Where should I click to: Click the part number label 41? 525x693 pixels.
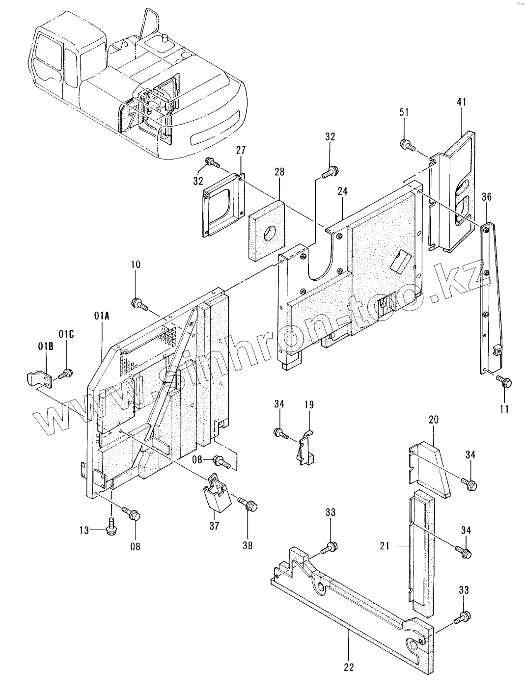461,102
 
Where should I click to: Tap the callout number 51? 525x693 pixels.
404,112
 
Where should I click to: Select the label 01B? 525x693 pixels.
46,346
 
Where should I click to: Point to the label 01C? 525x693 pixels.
66,334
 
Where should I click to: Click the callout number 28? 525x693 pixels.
279,172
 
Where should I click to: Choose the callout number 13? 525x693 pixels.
84,530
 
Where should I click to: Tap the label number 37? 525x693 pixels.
214,526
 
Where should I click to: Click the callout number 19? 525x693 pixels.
309,404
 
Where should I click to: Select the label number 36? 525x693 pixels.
487,197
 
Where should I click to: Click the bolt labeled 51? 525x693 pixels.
408,146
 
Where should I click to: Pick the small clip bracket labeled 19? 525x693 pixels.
305,448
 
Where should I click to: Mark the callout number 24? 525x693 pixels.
342,191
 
